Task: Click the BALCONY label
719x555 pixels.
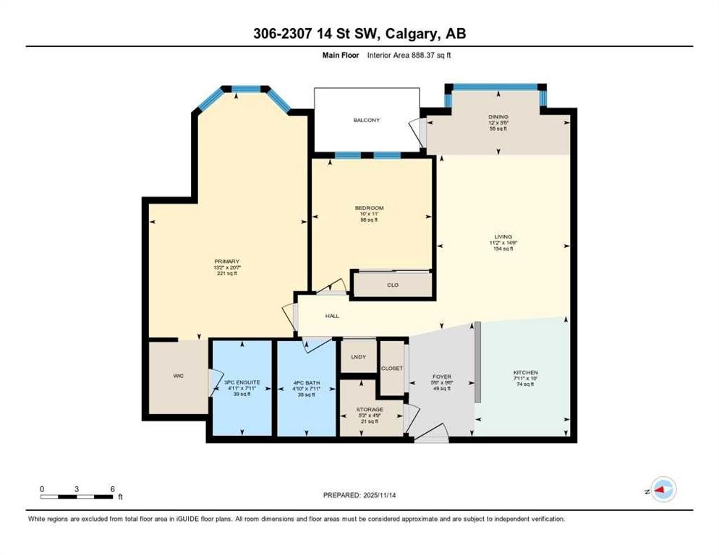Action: coord(366,120)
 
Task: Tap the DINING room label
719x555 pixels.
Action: coord(498,116)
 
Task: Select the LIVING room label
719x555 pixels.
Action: coord(503,236)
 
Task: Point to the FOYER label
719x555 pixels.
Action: coord(442,377)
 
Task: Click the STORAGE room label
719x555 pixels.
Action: coord(369,409)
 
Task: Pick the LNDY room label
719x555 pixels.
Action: coord(359,357)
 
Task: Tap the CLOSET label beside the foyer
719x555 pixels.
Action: coord(392,368)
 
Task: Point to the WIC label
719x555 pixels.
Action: coord(179,376)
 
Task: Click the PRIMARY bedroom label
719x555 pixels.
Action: coord(226,262)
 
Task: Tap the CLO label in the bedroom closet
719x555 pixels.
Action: coord(393,285)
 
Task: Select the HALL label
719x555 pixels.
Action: coord(332,316)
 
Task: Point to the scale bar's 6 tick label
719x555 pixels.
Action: coord(112,489)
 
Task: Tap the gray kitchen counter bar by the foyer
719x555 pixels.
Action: coord(477,361)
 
